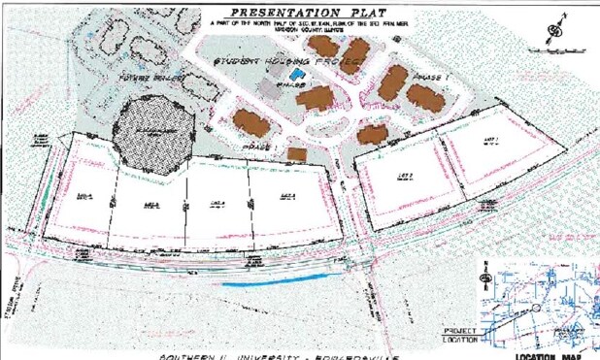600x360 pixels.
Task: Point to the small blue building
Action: click(x=297, y=76)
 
